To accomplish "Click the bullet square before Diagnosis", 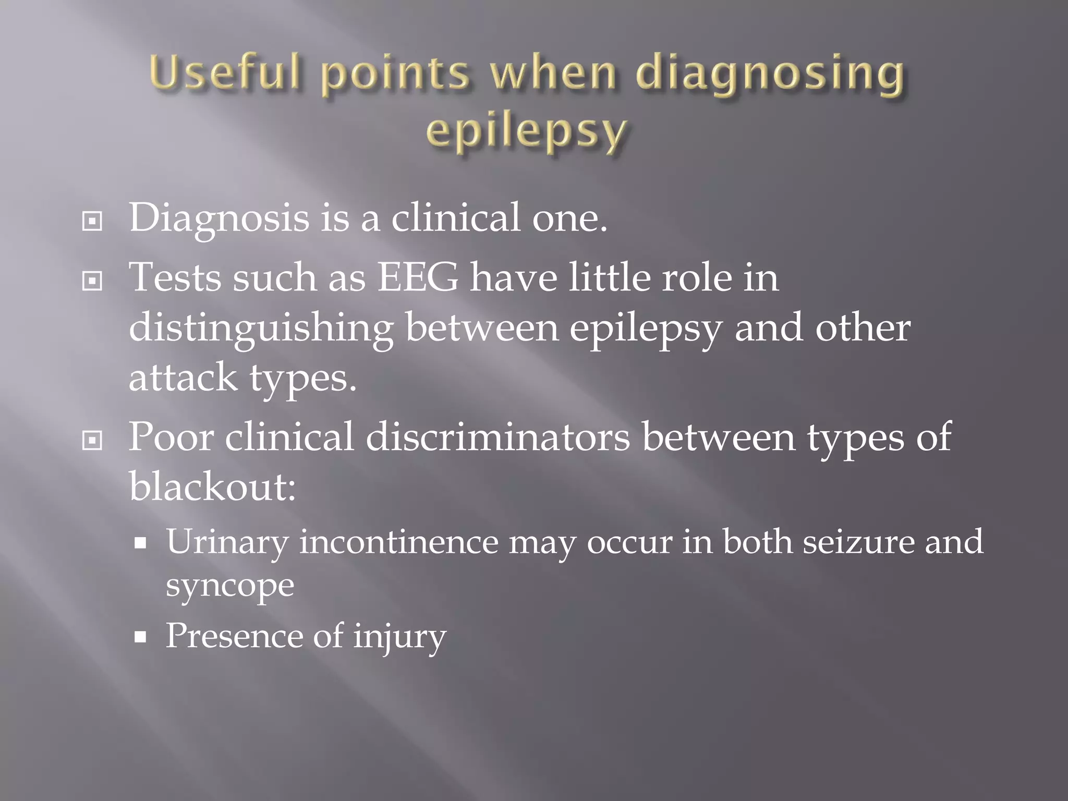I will pos(92,222).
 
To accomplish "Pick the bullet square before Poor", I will pos(92,441).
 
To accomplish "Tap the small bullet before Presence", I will pos(140,637).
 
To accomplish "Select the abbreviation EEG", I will pos(418,277).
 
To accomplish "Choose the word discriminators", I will pos(497,437).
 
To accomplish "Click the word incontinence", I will pos(399,542).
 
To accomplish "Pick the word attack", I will pos(183,378).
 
